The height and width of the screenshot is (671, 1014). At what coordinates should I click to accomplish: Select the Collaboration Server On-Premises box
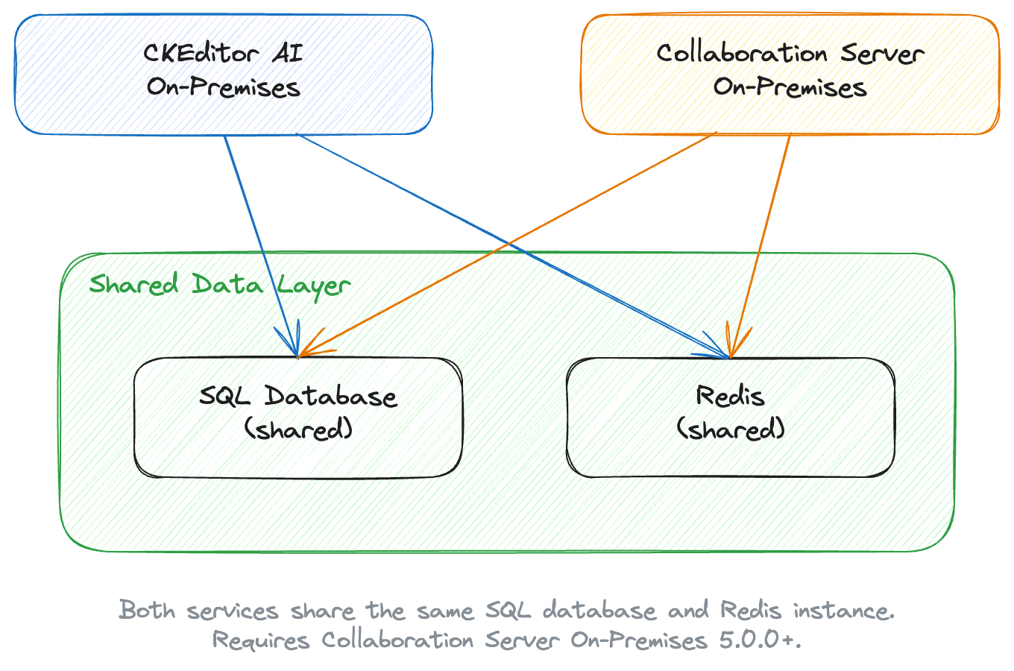pos(790,112)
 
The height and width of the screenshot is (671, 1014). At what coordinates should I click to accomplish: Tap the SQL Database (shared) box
pos(298,455)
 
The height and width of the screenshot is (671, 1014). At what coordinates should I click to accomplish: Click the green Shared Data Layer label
pos(219,285)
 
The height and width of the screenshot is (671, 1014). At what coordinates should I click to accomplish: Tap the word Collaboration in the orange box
pos(742,54)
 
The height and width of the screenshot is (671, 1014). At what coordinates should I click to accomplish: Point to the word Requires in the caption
pos(260,640)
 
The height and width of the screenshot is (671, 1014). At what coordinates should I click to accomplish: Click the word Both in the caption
pos(148,611)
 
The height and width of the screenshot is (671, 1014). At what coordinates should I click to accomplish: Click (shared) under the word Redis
pos(731,429)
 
